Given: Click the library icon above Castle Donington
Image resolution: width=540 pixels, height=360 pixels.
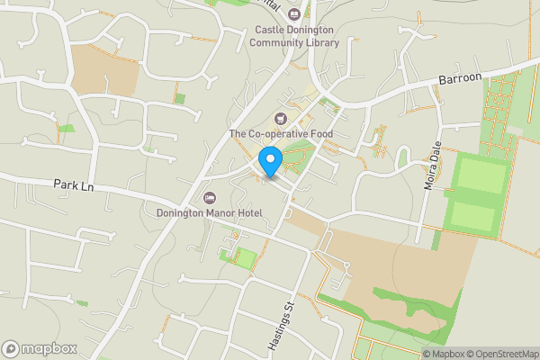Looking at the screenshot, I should coord(294,13).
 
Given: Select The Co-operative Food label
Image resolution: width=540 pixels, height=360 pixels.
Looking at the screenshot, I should coord(281,134).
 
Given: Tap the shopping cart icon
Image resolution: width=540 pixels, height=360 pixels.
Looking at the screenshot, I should coord(280,119).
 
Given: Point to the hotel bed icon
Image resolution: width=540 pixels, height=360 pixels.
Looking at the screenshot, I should coord(210,197).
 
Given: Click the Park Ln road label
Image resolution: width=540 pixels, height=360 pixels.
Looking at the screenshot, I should coord(74,184).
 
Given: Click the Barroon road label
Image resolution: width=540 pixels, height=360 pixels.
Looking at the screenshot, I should coord(461,79).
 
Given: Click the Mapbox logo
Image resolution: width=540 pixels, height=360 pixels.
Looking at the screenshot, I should coord(39,348).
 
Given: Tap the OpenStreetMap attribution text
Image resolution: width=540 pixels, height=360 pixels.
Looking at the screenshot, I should coord(502,354).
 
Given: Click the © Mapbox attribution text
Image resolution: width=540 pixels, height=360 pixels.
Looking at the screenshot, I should coord(443,354).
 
